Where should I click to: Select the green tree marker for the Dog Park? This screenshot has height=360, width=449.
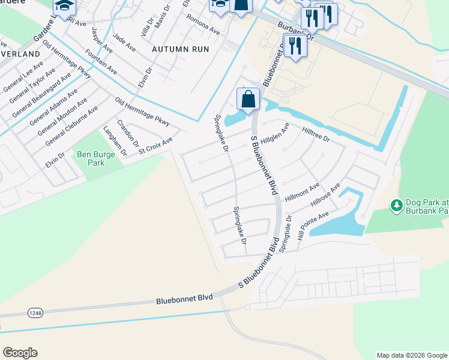click(x=396, y=206)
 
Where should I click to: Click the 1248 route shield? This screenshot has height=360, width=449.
click(x=35, y=313)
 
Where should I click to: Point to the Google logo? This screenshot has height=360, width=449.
click(x=20, y=353)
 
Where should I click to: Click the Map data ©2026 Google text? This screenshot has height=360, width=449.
click(x=412, y=355)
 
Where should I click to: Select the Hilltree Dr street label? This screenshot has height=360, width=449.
click(x=316, y=134)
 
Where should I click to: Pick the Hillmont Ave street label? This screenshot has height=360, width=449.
click(x=302, y=194)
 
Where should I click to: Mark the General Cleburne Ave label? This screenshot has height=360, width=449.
click(x=72, y=125)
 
